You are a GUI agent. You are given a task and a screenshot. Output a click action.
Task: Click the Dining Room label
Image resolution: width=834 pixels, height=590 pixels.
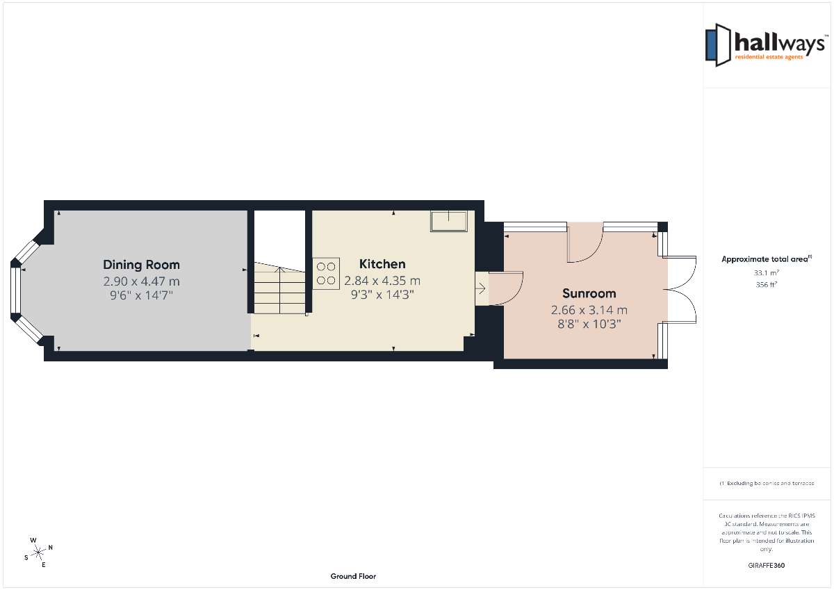pyautogui.click(x=142, y=265)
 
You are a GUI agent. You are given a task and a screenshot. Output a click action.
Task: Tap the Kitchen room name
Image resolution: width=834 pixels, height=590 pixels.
pyautogui.click(x=382, y=264)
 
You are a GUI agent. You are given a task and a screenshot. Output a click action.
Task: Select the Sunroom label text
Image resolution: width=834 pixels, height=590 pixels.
pyautogui.click(x=589, y=293)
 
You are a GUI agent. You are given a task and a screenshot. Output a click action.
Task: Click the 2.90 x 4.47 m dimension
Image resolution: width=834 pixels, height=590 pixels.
pyautogui.click(x=142, y=281)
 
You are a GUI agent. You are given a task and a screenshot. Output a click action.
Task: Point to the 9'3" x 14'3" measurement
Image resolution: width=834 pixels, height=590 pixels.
pyautogui.click(x=382, y=295)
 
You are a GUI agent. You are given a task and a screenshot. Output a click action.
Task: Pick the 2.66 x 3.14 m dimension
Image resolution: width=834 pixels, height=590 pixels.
pyautogui.click(x=589, y=310)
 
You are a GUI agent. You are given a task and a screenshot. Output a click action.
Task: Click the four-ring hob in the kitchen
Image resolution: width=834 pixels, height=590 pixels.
pyautogui.click(x=326, y=274)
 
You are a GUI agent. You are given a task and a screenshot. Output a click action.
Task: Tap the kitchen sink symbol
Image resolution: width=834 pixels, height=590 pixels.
pyautogui.click(x=449, y=221)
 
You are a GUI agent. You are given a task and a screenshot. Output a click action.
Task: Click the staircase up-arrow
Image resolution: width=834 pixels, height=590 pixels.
pyautogui.click(x=279, y=290)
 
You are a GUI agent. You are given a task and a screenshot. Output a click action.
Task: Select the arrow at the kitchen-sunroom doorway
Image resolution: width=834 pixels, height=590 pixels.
pyautogui.click(x=481, y=288)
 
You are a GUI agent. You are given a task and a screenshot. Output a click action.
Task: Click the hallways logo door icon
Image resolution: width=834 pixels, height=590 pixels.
pyautogui.click(x=718, y=45)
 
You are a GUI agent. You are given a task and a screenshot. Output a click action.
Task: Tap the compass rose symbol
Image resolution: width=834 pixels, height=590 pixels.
pyautogui.click(x=38, y=552)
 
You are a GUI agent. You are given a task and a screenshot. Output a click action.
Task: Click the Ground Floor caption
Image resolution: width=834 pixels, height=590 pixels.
pyautogui.click(x=353, y=576)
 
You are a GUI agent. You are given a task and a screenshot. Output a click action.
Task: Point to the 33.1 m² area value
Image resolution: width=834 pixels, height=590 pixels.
pyautogui.click(x=766, y=272)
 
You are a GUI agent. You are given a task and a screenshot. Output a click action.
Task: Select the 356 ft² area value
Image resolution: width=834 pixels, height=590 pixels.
pyautogui.click(x=766, y=284)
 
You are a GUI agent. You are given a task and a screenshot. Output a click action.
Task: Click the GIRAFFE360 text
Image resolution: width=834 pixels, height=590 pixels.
pyautogui.click(x=766, y=566)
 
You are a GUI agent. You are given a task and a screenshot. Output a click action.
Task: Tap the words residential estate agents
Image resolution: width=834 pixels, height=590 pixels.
pyautogui.click(x=769, y=57)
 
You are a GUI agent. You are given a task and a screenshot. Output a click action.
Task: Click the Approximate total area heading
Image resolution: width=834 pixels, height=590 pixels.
pyautogui.click(x=766, y=259)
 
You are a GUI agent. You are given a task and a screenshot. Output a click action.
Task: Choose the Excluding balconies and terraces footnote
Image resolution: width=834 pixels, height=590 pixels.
pyautogui.click(x=766, y=483)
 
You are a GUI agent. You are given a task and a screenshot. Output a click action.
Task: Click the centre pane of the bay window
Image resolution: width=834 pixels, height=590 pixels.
pyautogui.click(x=15, y=290)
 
